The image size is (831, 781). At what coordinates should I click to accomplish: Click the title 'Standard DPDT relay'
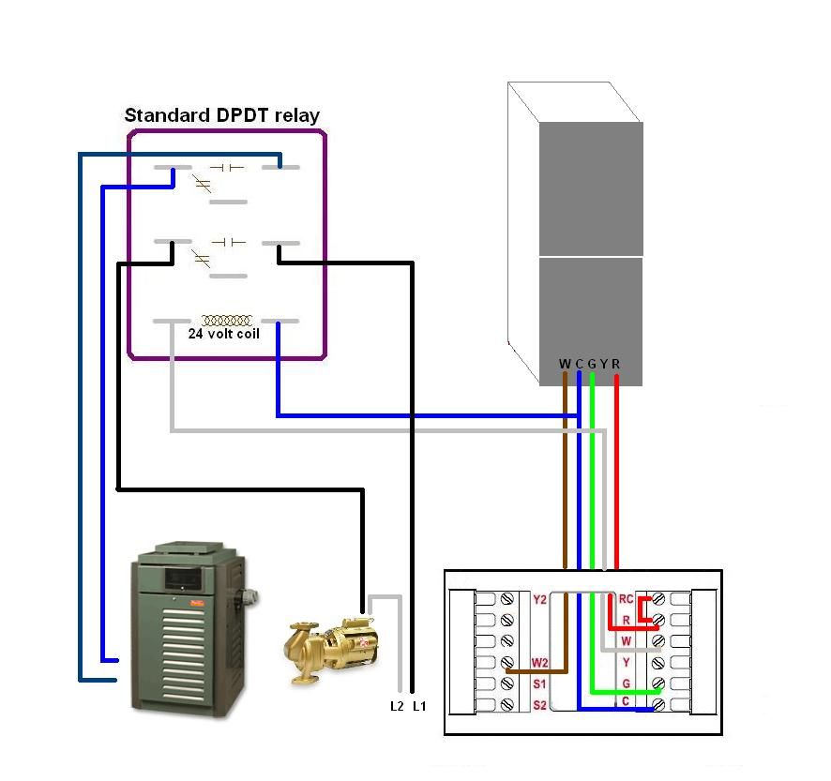[222, 116]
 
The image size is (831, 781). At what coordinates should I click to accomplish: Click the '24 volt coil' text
[224, 333]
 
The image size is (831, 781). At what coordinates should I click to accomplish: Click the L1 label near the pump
[419, 706]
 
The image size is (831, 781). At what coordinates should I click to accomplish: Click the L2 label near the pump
[397, 706]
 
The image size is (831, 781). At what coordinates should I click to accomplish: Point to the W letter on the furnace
[565, 364]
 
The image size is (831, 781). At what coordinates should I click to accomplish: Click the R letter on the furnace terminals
[616, 364]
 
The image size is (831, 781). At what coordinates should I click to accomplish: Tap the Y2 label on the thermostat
[538, 600]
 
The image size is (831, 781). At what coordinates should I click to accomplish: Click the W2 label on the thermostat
[538, 663]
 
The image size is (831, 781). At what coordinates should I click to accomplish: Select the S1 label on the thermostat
[538, 683]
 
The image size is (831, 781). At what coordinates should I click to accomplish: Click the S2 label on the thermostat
[538, 704]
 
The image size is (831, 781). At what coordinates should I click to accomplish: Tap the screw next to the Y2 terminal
[507, 599]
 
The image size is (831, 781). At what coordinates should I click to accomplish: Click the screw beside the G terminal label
[657, 683]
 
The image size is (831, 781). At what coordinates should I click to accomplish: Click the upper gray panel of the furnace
[590, 188]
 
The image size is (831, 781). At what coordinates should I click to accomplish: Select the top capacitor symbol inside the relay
[226, 167]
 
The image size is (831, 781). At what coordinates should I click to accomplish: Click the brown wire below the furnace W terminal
[565, 469]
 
